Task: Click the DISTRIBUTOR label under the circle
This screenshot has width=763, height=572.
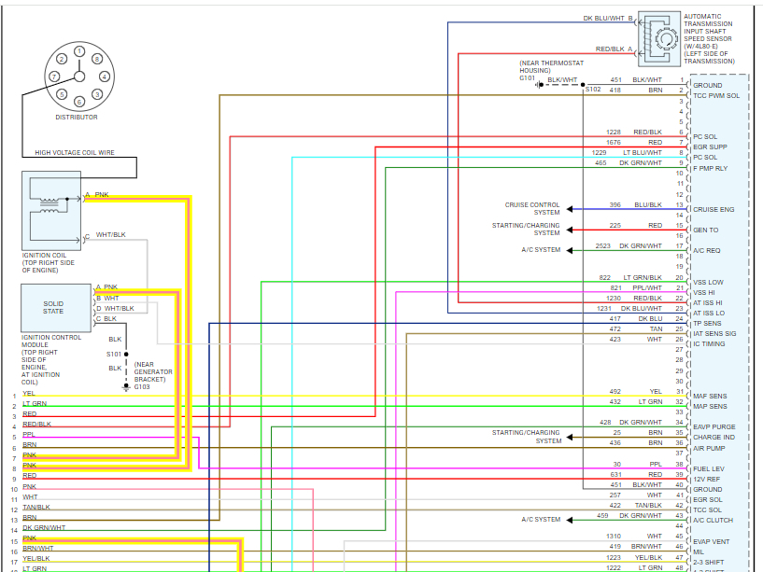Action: click(77, 117)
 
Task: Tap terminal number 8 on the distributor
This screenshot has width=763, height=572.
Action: click(97, 59)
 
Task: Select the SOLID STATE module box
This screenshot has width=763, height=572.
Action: click(53, 307)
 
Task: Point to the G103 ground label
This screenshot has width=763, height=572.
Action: click(142, 387)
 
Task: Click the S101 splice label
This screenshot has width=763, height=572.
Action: click(113, 355)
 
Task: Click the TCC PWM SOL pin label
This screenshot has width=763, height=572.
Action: click(716, 96)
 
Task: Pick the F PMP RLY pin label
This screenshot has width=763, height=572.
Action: click(713, 168)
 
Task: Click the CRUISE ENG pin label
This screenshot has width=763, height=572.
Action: click(714, 210)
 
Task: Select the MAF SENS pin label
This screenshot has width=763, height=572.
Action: click(711, 396)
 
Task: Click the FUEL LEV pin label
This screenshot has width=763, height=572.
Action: click(709, 468)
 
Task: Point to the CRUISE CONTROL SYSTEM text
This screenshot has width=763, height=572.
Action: click(532, 208)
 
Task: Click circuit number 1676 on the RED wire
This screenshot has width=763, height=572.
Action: click(613, 142)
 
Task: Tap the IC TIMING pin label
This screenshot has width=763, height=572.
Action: click(709, 344)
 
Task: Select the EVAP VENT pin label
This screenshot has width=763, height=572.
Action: click(712, 541)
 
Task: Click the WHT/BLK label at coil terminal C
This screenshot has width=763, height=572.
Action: click(110, 234)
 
